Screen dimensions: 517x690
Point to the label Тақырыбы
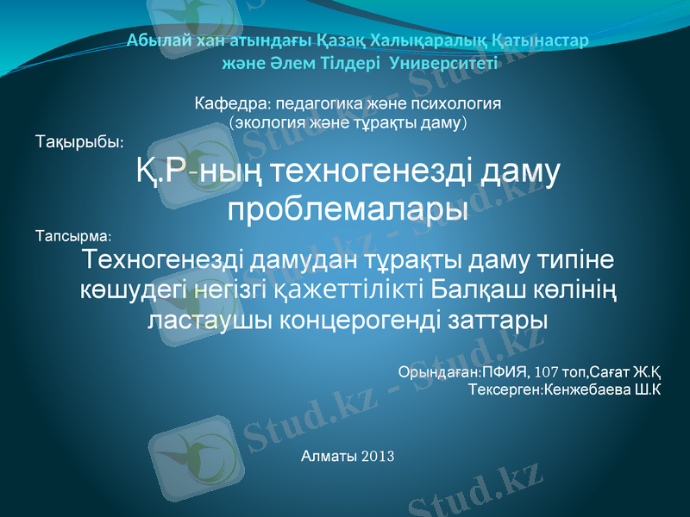[x=78, y=140]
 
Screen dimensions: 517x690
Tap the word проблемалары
[x=348, y=209]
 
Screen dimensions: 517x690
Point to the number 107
[x=548, y=372]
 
